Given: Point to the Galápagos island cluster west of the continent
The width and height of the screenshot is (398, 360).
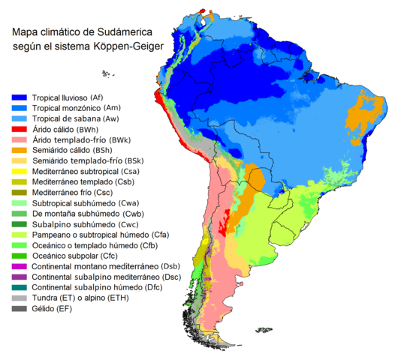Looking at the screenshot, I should click(x=107, y=73).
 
